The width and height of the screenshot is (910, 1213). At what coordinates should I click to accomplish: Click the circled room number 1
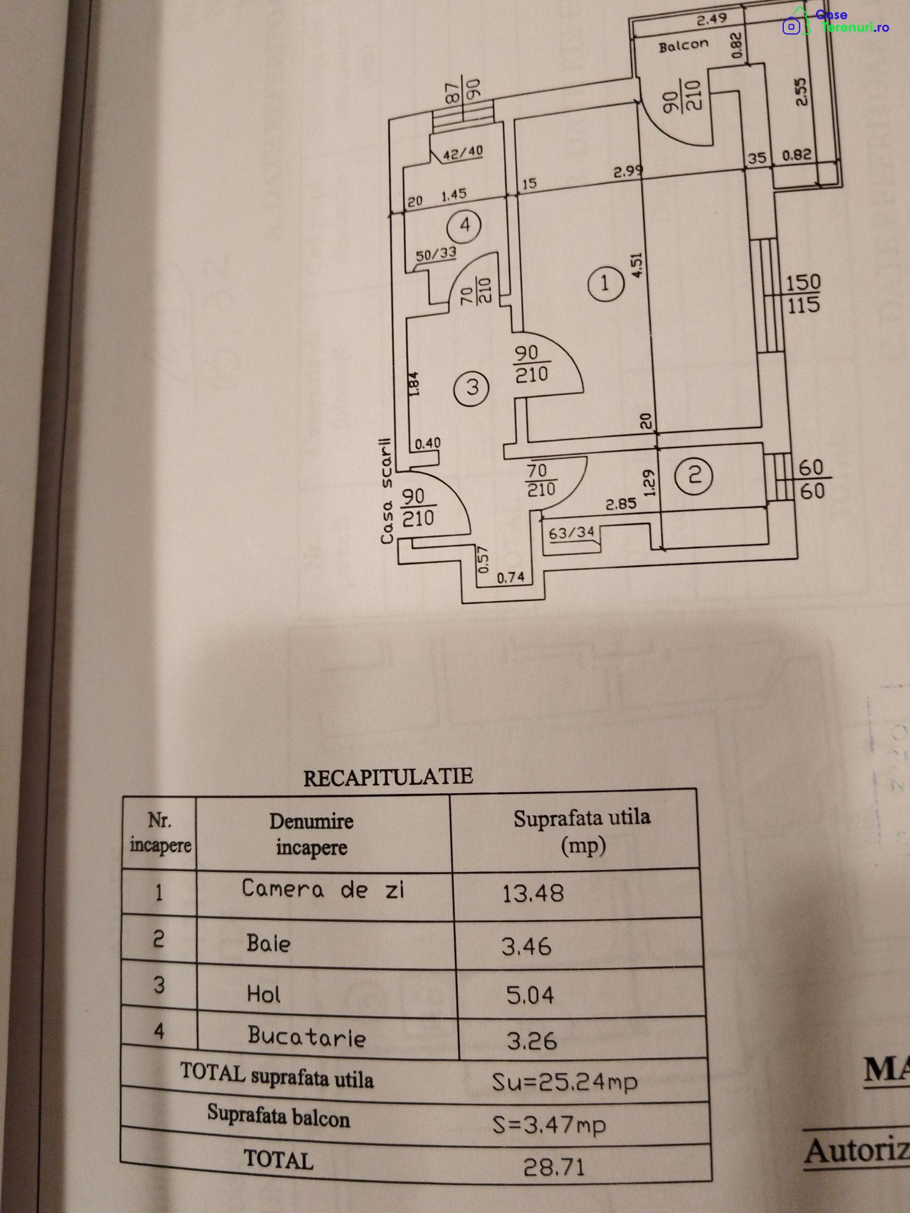click(x=605, y=283)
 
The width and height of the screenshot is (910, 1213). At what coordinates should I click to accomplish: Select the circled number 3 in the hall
click(x=472, y=387)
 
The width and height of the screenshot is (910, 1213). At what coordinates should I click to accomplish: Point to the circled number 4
click(x=464, y=226)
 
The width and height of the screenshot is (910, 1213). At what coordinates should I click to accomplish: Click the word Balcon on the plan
click(x=683, y=45)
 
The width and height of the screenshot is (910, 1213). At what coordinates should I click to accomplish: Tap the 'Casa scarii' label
click(x=386, y=491)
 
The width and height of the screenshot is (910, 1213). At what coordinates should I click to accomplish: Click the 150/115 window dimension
click(x=803, y=294)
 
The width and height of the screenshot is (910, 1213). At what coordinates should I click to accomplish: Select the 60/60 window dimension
click(x=811, y=479)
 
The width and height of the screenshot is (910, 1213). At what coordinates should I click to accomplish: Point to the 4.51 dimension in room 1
click(x=636, y=266)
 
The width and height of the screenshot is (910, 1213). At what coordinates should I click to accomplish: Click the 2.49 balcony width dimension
click(x=711, y=19)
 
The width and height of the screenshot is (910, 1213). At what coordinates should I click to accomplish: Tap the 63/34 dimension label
click(x=571, y=533)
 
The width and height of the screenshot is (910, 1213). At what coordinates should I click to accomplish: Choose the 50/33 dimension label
click(x=436, y=254)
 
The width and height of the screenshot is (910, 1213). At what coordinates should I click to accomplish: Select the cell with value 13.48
click(x=533, y=893)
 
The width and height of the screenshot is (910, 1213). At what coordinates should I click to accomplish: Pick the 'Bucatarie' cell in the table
click(x=306, y=1037)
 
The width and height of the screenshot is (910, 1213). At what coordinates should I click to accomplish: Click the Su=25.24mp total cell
click(x=564, y=1081)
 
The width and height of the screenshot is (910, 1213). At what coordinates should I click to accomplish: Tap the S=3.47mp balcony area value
click(x=549, y=1124)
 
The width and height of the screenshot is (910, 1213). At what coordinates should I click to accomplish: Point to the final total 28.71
click(x=554, y=1166)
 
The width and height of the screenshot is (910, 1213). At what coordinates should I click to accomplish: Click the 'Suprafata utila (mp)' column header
click(x=582, y=831)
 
